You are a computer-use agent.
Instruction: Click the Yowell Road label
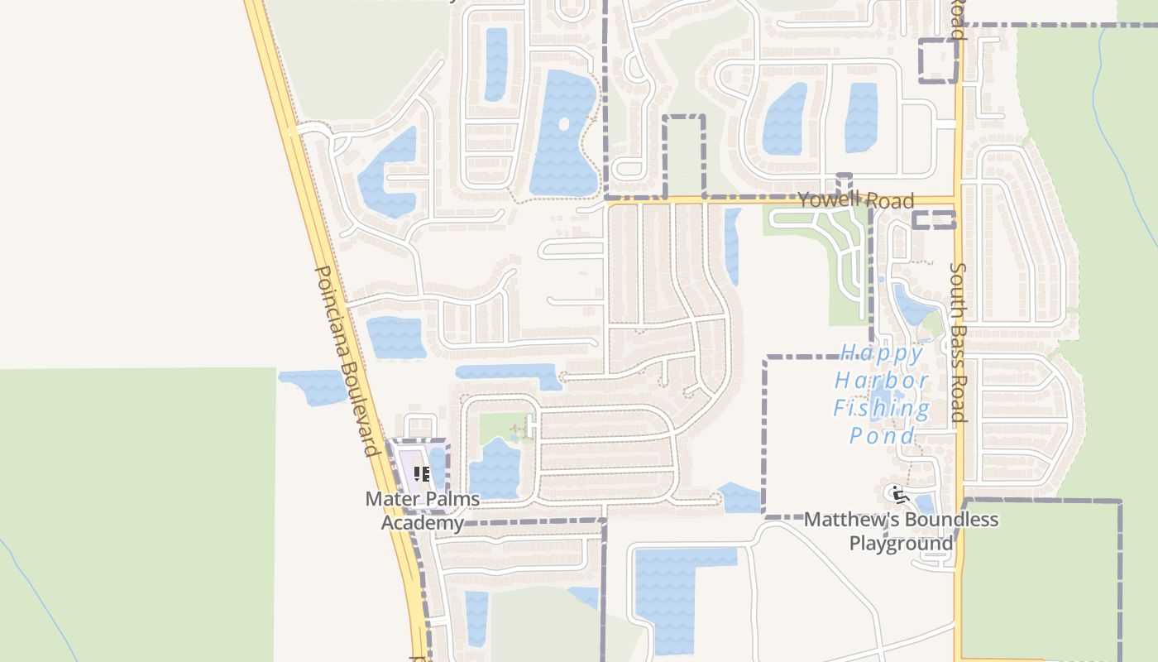pos(856,200)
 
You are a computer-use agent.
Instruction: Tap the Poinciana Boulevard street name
pos(347,361)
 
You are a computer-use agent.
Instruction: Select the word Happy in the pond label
pos(882,354)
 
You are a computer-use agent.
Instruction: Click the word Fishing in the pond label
pos(882,408)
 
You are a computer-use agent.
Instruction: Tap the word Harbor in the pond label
pos(882,381)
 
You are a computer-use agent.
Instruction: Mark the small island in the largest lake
pos(564,125)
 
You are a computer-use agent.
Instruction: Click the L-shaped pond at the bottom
pos(670,588)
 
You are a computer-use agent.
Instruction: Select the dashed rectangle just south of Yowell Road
pos(934,219)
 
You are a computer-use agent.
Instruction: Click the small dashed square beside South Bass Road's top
pos(938,60)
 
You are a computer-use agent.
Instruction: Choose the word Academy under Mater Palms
pos(422,523)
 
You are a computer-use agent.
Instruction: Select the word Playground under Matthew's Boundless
pos(901,544)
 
